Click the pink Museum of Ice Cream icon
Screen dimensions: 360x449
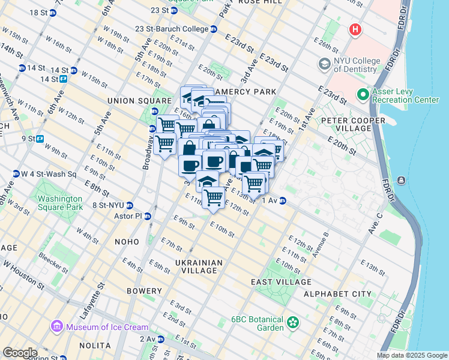[57, 326]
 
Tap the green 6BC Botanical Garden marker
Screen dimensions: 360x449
[293, 323]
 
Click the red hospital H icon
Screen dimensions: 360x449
[355, 29]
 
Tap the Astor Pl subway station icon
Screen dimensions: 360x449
[147, 216]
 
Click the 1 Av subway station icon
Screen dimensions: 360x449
[282, 200]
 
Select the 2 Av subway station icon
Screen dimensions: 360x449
[160, 339]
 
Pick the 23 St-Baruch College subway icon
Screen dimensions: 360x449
[214, 29]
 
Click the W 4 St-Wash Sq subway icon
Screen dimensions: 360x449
[15, 174]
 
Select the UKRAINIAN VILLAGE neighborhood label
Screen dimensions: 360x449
[199, 266]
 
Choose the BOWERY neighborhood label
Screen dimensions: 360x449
[144, 291]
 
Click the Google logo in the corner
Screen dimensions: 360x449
[20, 353]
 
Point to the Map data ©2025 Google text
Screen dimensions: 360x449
[411, 355]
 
